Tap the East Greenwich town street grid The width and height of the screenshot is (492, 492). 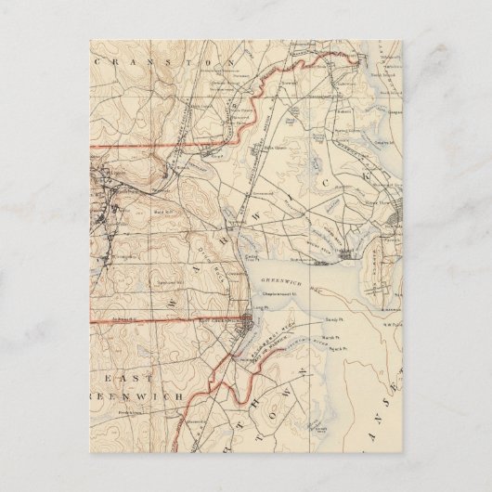[x=243, y=326]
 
